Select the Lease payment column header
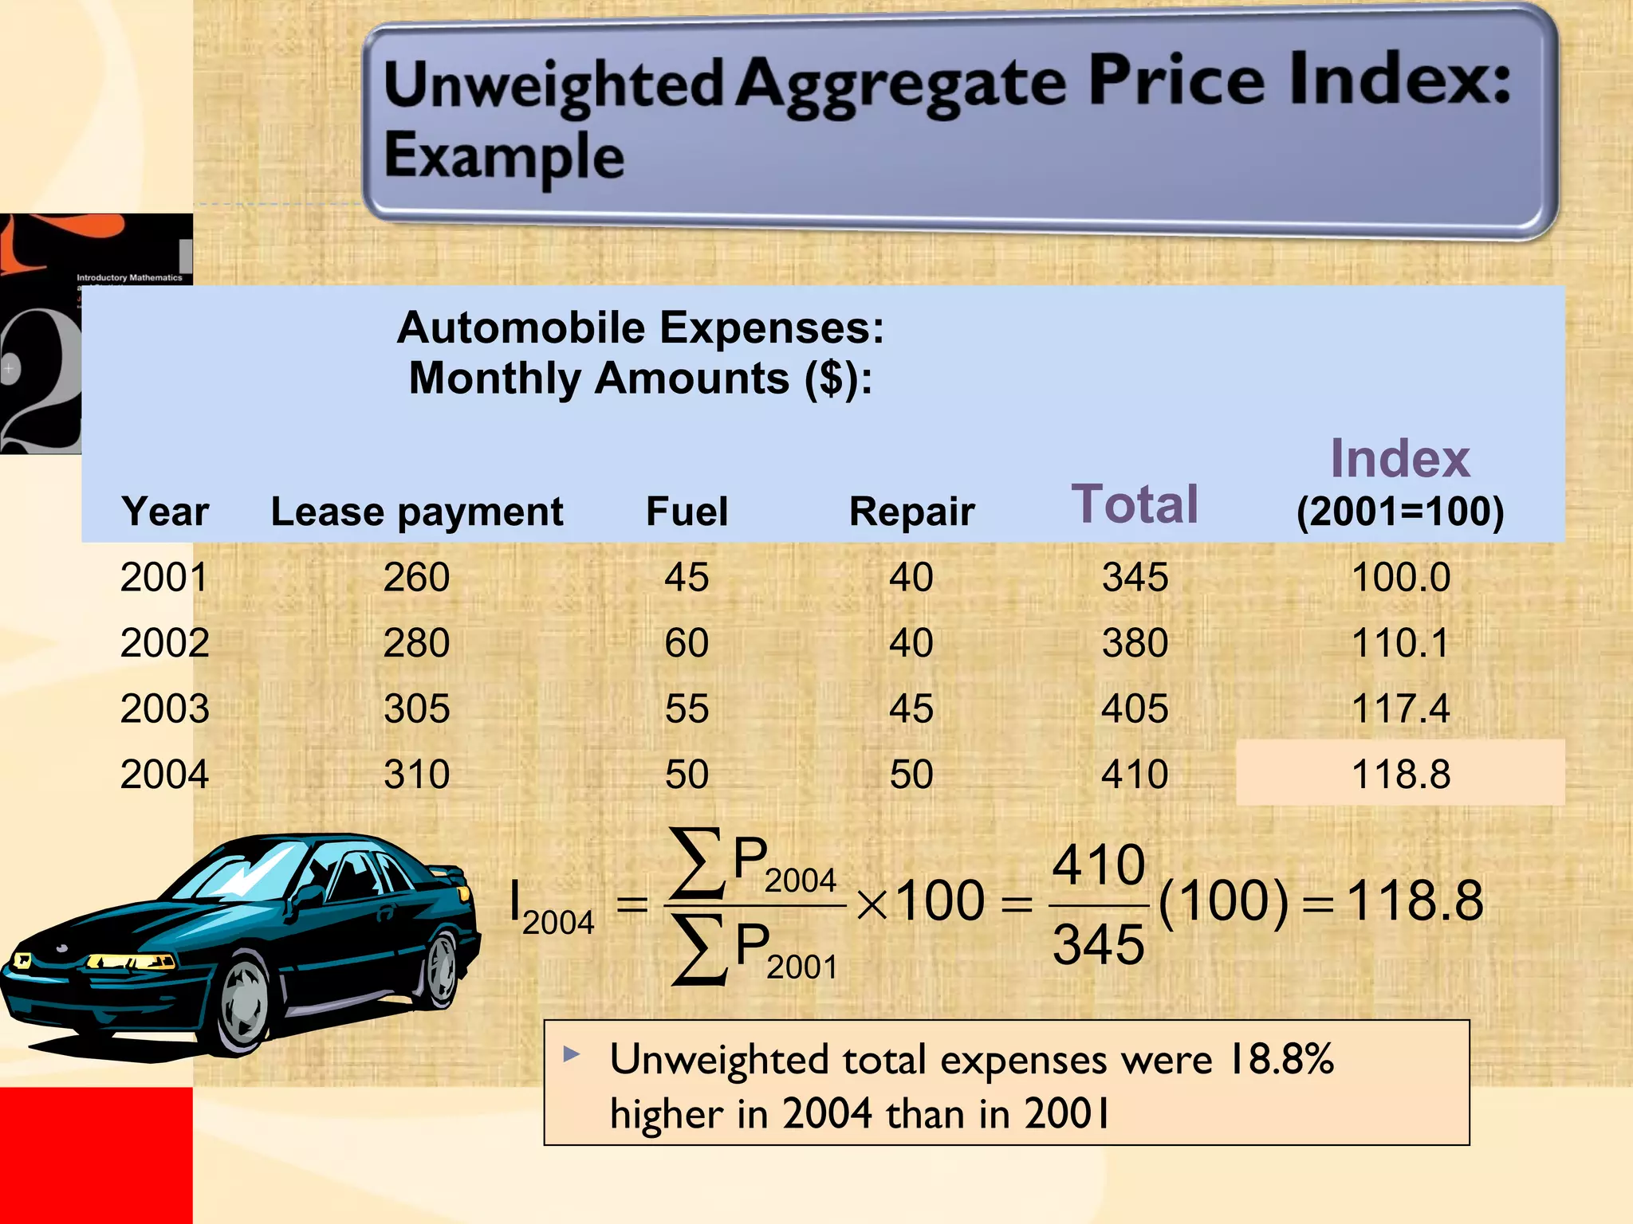(x=416, y=512)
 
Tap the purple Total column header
(x=1134, y=504)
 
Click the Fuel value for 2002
(x=687, y=643)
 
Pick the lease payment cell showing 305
(x=416, y=708)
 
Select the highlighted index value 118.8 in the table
(x=1400, y=774)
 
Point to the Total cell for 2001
(x=1135, y=577)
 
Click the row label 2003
(x=164, y=708)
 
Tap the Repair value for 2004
(x=911, y=774)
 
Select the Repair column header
(x=911, y=512)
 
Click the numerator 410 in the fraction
(x=1098, y=865)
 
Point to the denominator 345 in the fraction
(x=1098, y=945)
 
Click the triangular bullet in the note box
(x=571, y=1054)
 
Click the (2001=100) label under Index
(x=1399, y=512)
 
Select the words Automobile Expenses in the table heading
(x=639, y=328)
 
